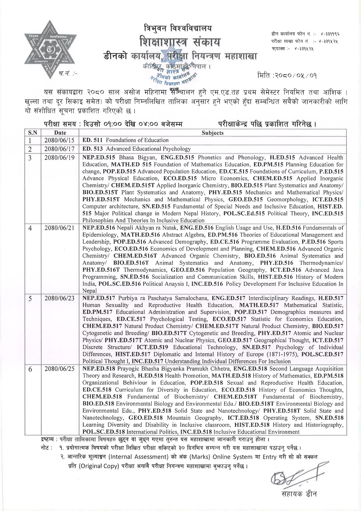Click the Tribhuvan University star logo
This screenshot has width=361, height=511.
coord(50,49)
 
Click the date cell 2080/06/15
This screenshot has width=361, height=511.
coord(59,140)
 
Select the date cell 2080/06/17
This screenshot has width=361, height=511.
coord(59,149)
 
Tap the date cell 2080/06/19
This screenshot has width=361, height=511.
coord(59,158)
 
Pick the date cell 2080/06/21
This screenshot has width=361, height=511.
coord(59,228)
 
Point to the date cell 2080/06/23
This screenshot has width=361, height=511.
coord(59,298)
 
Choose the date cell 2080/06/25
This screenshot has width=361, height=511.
coord(59,369)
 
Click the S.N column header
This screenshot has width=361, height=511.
coord(33,133)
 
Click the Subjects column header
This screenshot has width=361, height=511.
coord(213,133)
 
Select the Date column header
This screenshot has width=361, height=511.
coord(60,133)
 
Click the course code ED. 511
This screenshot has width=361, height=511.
coord(92,140)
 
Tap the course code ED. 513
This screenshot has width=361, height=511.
coord(93,149)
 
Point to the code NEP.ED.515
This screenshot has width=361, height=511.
coord(99,158)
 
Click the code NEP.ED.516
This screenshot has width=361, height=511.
coord(99,228)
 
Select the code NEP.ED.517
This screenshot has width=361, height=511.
coord(99,298)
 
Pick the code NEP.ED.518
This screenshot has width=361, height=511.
coord(99,369)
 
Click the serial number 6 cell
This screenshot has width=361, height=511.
coord(30,369)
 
